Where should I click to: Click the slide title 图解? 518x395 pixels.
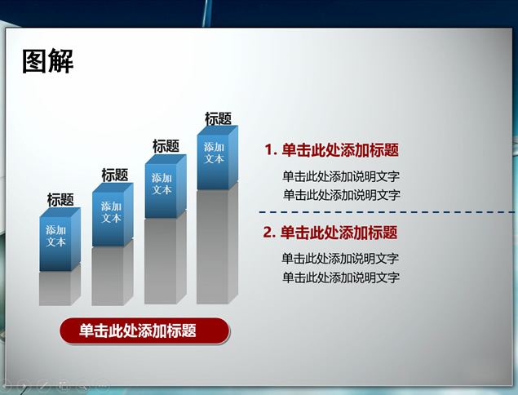click(47, 61)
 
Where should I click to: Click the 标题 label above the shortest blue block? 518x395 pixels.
click(60, 200)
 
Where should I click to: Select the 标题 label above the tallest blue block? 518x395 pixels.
click(218, 118)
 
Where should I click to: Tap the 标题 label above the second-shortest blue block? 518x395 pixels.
click(115, 175)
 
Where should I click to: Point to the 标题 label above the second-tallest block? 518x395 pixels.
click(166, 146)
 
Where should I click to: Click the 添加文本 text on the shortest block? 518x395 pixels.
click(55, 236)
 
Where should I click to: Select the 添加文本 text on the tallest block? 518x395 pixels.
click(214, 153)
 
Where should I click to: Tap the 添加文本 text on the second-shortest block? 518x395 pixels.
click(111, 212)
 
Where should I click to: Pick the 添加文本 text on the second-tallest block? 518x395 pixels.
click(162, 184)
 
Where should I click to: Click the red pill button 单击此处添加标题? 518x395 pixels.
click(144, 331)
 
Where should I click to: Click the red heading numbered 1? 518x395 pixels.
click(332, 149)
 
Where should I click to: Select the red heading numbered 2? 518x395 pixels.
click(330, 233)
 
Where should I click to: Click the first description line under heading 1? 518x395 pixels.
click(341, 176)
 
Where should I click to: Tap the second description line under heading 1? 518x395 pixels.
click(342, 195)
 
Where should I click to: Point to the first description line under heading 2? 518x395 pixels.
click(340, 258)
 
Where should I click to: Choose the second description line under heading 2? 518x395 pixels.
click(341, 277)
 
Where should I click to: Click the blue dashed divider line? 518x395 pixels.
click(387, 212)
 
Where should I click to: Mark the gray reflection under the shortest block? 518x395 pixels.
click(60, 287)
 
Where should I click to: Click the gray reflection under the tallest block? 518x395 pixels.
click(217, 246)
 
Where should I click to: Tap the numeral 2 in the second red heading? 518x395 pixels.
click(267, 233)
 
